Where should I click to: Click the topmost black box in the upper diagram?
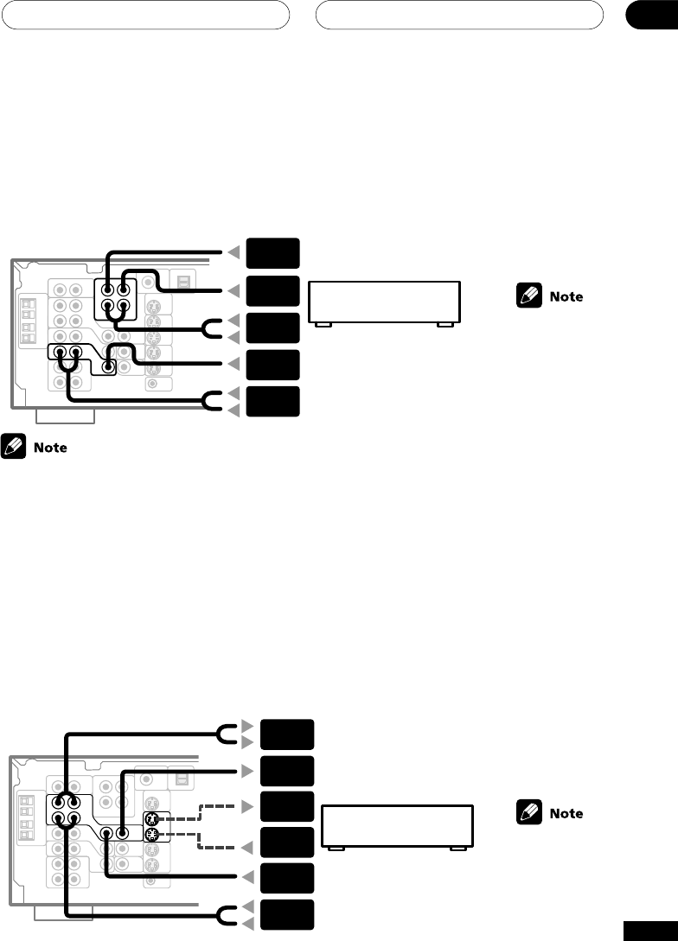click(272, 253)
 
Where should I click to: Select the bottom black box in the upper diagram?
click(272, 403)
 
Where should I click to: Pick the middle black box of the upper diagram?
click(272, 328)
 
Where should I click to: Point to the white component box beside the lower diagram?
click(397, 826)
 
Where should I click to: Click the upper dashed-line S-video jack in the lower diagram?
click(150, 818)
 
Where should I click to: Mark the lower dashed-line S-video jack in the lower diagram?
click(150, 835)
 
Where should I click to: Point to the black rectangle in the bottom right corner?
click(649, 929)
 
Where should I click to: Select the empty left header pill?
click(144, 15)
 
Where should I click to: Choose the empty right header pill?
click(459, 15)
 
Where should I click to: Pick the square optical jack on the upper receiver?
click(183, 281)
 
